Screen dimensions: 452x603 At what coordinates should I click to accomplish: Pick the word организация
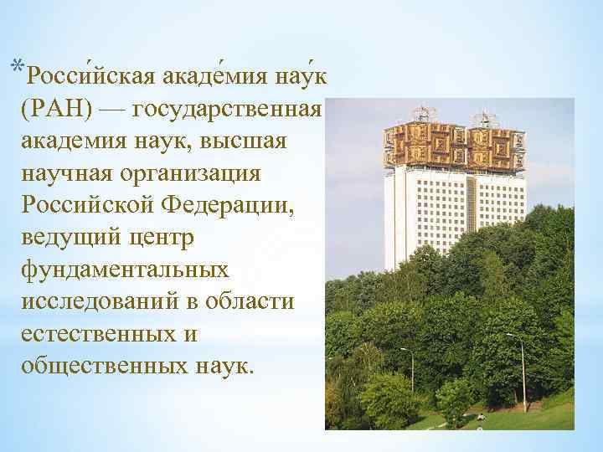(x=194, y=173)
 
